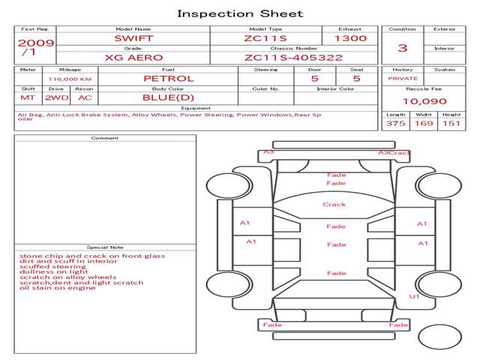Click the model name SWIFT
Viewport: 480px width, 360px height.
[133, 38]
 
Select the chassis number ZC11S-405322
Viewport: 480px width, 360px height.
[293, 58]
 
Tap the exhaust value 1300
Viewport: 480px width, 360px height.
[350, 38]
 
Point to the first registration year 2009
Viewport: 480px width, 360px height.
[36, 43]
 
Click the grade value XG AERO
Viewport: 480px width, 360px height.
[133, 58]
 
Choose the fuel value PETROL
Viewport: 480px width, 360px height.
[169, 79]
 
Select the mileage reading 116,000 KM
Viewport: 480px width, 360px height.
[70, 79]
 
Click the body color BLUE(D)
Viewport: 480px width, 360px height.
[168, 97]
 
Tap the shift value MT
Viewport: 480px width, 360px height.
[28, 97]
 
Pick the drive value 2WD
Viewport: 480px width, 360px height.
[57, 97]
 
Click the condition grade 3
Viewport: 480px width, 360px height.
[403, 48]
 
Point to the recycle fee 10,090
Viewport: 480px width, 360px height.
[424, 101]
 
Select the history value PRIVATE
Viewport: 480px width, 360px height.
[403, 79]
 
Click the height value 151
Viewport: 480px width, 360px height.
[451, 123]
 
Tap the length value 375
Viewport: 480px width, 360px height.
[395, 123]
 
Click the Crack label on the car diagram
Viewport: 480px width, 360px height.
[334, 205]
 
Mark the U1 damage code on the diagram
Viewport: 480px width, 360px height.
[414, 296]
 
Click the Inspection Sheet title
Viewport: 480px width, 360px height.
[240, 13]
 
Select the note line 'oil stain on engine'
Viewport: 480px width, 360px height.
[57, 288]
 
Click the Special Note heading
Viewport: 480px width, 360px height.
[105, 247]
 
